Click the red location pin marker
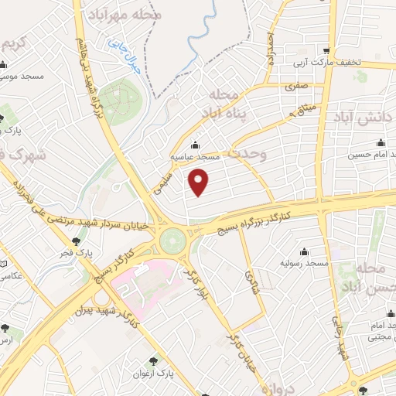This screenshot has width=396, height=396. [x=200, y=183]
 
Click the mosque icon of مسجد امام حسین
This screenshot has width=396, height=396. [x=380, y=142]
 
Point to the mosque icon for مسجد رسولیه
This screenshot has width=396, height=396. [x=304, y=252]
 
